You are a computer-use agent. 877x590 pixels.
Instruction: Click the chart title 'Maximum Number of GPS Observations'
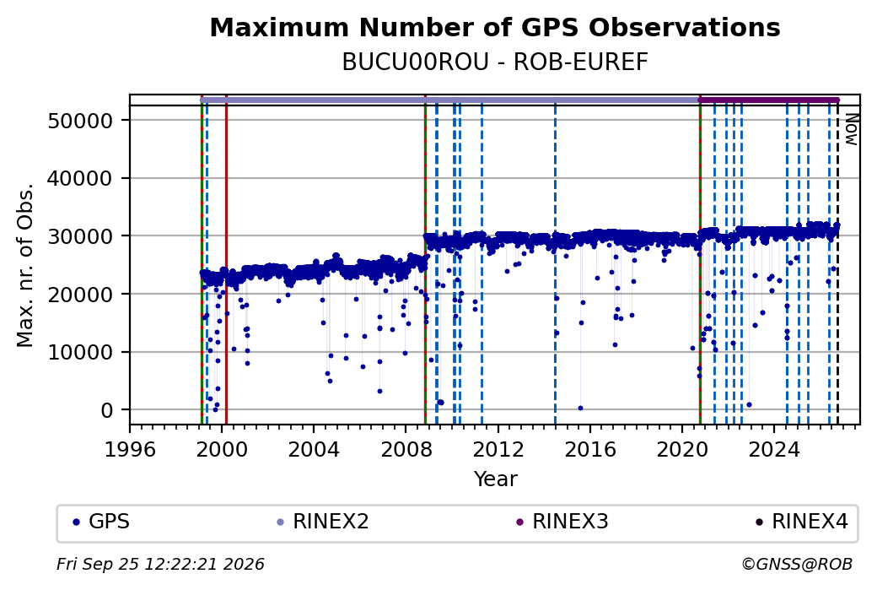click(x=495, y=27)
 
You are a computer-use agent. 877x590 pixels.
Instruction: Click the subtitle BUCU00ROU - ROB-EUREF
click(x=495, y=62)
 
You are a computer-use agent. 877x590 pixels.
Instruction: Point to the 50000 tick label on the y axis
click(x=81, y=121)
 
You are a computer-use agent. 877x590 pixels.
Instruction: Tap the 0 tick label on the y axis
click(x=107, y=410)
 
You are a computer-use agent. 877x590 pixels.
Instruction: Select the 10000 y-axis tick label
click(x=81, y=352)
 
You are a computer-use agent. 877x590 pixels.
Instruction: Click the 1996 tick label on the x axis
click(x=130, y=449)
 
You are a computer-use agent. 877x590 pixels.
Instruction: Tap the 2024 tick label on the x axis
click(x=774, y=449)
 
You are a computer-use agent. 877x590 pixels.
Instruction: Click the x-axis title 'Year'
click(x=496, y=479)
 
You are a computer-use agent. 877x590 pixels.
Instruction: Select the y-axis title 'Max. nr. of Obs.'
click(x=25, y=265)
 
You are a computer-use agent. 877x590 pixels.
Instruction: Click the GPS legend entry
click(x=101, y=522)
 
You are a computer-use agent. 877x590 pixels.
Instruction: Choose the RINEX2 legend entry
click(x=323, y=522)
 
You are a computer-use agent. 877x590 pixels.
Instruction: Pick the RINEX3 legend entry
click(x=562, y=522)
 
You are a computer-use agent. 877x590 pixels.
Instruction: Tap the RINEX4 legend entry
click(x=801, y=522)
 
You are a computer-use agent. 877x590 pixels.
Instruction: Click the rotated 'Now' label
click(x=851, y=129)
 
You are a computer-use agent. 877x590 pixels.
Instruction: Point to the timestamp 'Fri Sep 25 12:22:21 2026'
click(x=160, y=564)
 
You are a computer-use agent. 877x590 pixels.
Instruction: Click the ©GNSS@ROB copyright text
click(x=797, y=564)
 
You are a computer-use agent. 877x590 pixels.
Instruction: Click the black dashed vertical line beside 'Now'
click(x=837, y=265)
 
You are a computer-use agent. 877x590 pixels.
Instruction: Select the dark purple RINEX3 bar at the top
click(x=769, y=100)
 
